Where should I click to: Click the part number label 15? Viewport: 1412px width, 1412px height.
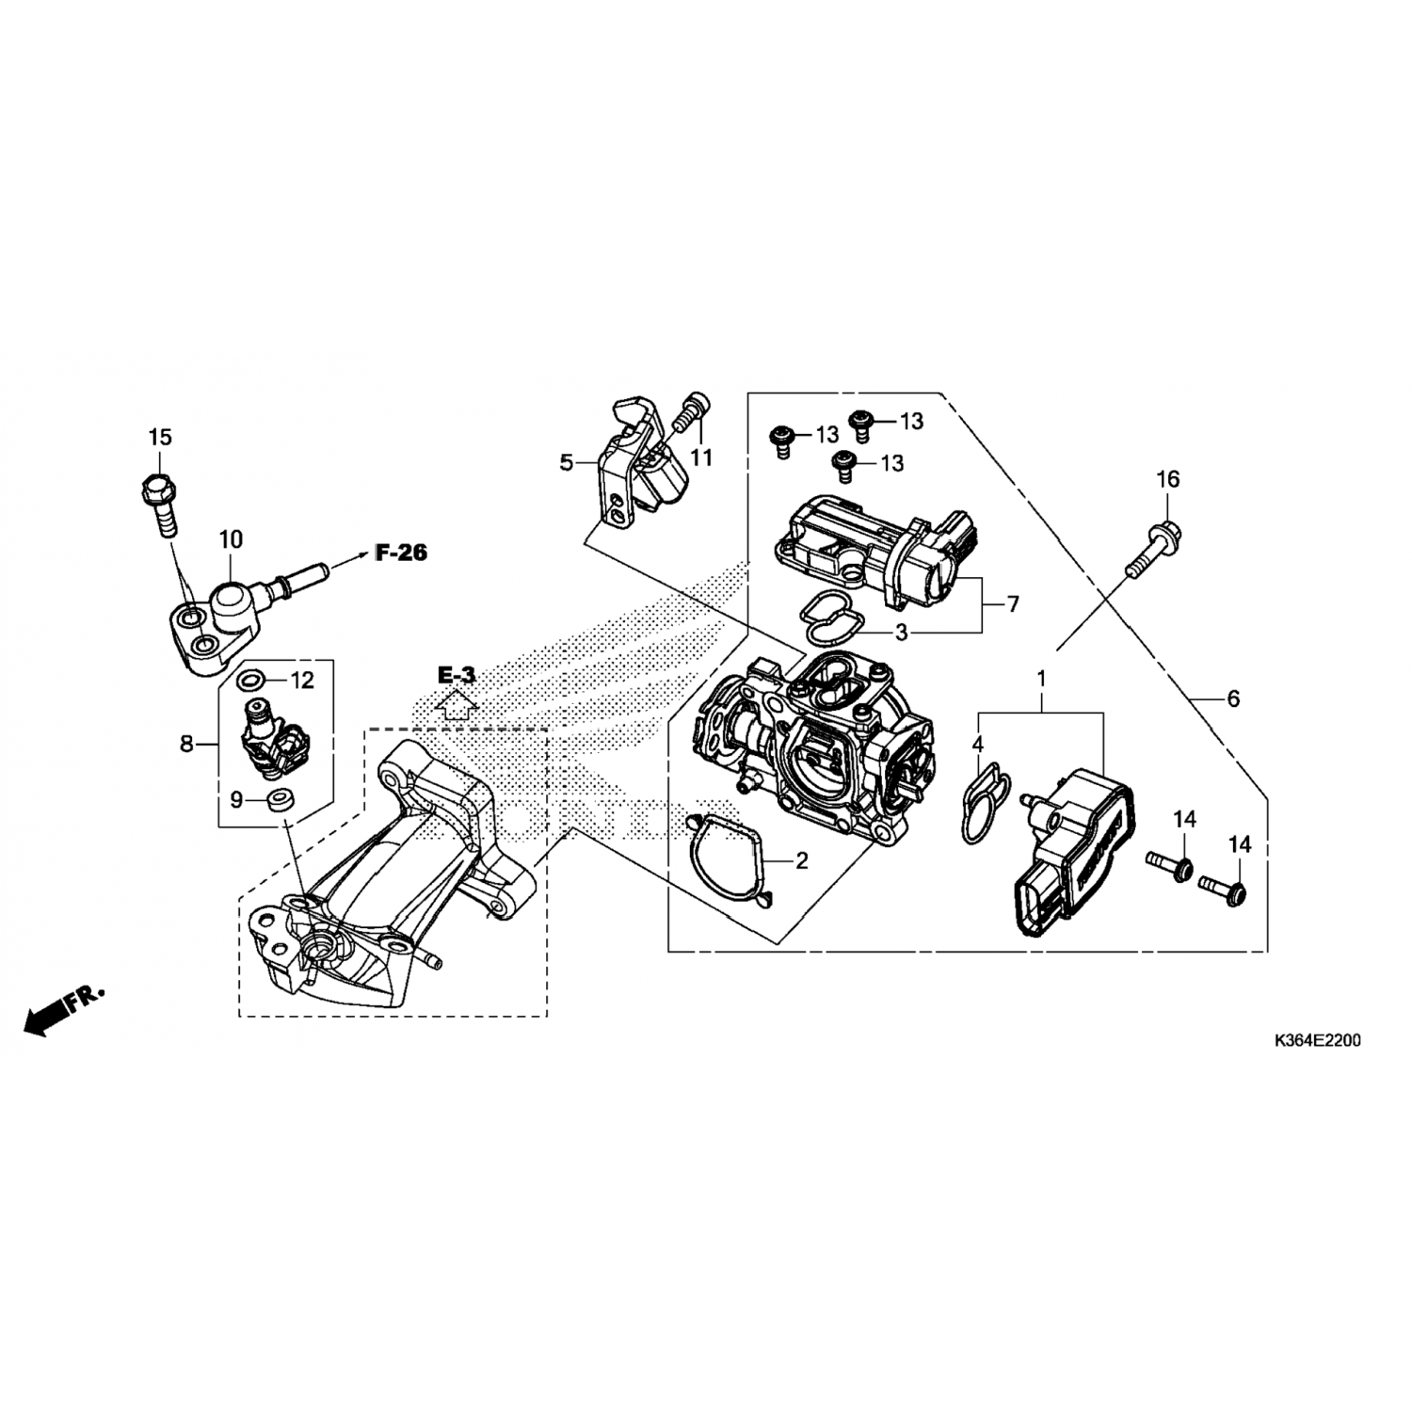(160, 437)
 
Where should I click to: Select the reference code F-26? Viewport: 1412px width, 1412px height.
(401, 553)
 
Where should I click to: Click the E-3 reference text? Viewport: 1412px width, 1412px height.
(457, 675)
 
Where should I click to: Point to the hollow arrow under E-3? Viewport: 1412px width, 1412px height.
(457, 704)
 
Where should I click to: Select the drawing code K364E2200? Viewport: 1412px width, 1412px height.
(1316, 1041)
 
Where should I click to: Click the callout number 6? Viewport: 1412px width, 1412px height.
(1233, 698)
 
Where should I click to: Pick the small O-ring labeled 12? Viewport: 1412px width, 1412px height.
(251, 680)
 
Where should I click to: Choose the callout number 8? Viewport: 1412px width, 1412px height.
(186, 745)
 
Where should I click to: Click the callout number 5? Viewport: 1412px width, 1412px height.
(566, 462)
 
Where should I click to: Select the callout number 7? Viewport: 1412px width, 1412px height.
(1013, 604)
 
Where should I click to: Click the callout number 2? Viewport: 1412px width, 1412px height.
(801, 860)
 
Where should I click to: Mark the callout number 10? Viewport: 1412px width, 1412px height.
(231, 539)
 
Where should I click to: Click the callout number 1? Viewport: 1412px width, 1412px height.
(1041, 679)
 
